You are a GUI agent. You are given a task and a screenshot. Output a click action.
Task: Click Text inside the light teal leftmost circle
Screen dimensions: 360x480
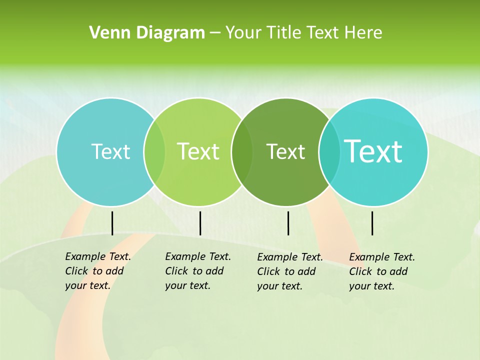pos(110,151)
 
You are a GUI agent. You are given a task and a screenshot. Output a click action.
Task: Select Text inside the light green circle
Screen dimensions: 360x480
pos(198,151)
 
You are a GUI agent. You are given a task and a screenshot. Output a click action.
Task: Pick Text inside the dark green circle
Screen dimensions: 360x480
pos(285,151)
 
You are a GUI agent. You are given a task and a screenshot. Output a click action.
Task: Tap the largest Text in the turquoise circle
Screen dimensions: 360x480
pos(373,151)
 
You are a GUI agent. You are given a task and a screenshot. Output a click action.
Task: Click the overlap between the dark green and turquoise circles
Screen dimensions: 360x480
pos(329,152)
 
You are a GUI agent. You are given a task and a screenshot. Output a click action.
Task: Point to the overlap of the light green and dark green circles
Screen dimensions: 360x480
pos(242,152)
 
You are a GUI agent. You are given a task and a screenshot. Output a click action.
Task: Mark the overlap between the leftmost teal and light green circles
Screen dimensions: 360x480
pos(154,152)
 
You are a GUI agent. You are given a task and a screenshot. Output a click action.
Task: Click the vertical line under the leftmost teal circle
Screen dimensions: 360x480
pos(112,223)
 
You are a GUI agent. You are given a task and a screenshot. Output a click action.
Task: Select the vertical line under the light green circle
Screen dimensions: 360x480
pos(200,223)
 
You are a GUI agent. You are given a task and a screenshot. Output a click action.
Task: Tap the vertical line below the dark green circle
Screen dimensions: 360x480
pos(288,223)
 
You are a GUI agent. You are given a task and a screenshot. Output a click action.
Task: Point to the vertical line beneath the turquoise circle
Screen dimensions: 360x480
pos(372,223)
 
